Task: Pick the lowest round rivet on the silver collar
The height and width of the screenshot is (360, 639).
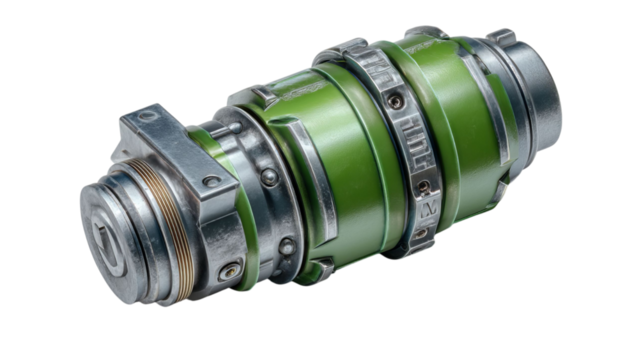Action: [x=286, y=247]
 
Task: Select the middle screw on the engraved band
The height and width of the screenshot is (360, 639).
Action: [x=423, y=187]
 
